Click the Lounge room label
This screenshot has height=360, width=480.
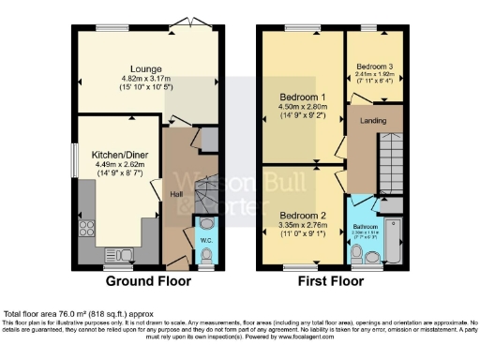click(x=147, y=68)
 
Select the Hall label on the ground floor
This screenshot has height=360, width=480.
click(x=175, y=194)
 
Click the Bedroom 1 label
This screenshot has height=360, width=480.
click(x=303, y=97)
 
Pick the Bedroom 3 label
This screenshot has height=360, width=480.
click(x=374, y=67)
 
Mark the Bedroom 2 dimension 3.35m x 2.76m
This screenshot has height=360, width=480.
click(x=303, y=226)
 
